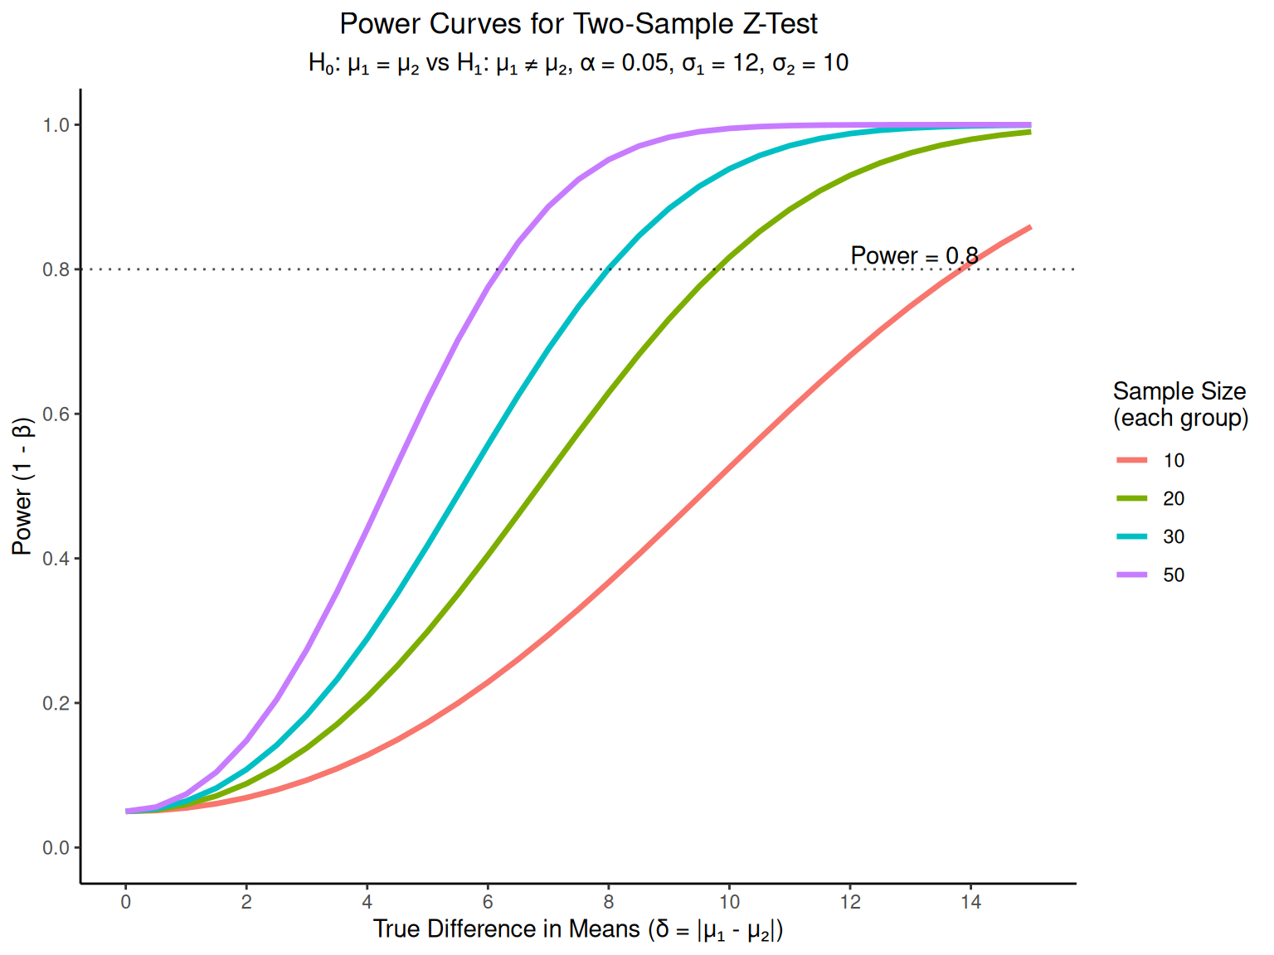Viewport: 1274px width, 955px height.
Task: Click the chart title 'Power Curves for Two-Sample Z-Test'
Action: point(578,24)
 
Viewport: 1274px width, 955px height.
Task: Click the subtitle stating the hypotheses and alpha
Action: point(578,64)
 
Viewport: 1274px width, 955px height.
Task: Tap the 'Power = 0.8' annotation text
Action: point(914,256)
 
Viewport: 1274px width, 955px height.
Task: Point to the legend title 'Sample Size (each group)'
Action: point(1179,405)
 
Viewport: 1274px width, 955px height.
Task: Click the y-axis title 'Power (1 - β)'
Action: point(22,486)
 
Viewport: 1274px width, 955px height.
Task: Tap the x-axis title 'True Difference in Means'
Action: point(578,929)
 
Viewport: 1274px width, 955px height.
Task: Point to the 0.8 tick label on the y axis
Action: point(56,269)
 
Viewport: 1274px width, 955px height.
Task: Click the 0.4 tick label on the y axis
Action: point(56,559)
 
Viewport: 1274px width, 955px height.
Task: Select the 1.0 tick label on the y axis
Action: point(56,125)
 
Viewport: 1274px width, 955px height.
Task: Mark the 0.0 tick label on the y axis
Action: point(56,848)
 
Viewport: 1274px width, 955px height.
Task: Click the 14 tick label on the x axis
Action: point(970,902)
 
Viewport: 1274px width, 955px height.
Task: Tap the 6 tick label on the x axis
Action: point(488,902)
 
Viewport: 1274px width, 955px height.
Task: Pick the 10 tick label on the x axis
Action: point(729,902)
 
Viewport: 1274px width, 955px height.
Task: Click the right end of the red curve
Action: point(1030,226)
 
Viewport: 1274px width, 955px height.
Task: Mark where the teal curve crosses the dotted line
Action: point(609,269)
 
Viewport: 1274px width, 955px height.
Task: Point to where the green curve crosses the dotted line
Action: point(717,269)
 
